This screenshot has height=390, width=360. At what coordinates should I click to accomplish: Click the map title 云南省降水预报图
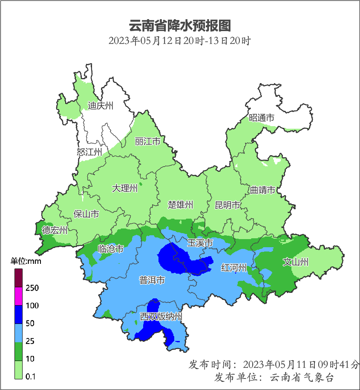[179, 26]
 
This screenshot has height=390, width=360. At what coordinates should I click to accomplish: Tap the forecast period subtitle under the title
[179, 41]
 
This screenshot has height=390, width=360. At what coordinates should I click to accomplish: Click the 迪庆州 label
[101, 106]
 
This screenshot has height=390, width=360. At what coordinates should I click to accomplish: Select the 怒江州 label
[89, 152]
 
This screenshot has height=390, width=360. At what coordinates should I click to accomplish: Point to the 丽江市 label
[147, 141]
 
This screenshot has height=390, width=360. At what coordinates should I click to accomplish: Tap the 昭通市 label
[262, 118]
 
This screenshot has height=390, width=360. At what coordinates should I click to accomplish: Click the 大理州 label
[125, 188]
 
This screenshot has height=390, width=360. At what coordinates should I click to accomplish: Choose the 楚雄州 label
[180, 205]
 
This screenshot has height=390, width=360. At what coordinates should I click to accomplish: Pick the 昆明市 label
[228, 205]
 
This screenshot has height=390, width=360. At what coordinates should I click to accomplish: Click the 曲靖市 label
[262, 190]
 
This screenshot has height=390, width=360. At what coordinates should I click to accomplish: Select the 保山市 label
[86, 214]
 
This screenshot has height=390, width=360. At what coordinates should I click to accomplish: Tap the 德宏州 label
[55, 231]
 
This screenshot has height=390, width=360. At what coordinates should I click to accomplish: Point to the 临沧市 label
[111, 249]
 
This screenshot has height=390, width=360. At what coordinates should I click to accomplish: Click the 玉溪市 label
[200, 243]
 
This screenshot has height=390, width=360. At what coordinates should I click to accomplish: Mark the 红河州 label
[234, 268]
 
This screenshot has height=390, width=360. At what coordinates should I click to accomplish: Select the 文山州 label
[296, 262]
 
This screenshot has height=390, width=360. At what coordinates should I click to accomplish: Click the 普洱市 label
[152, 280]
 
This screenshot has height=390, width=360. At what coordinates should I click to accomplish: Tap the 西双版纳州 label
[161, 317]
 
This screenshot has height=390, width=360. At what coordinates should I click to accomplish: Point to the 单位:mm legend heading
[26, 261]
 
